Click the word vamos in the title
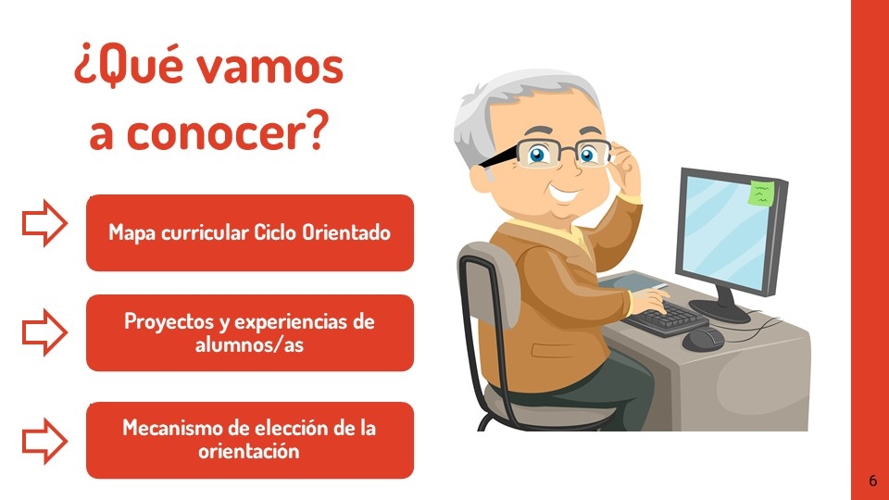272,67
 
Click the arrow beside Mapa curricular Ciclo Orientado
44,223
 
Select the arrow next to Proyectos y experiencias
44,332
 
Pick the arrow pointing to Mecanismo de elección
44,441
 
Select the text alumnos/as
249,344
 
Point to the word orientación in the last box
249,451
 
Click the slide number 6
872,481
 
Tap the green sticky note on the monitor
761,193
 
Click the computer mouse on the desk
703,339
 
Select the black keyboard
665,319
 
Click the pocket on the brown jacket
553,350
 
